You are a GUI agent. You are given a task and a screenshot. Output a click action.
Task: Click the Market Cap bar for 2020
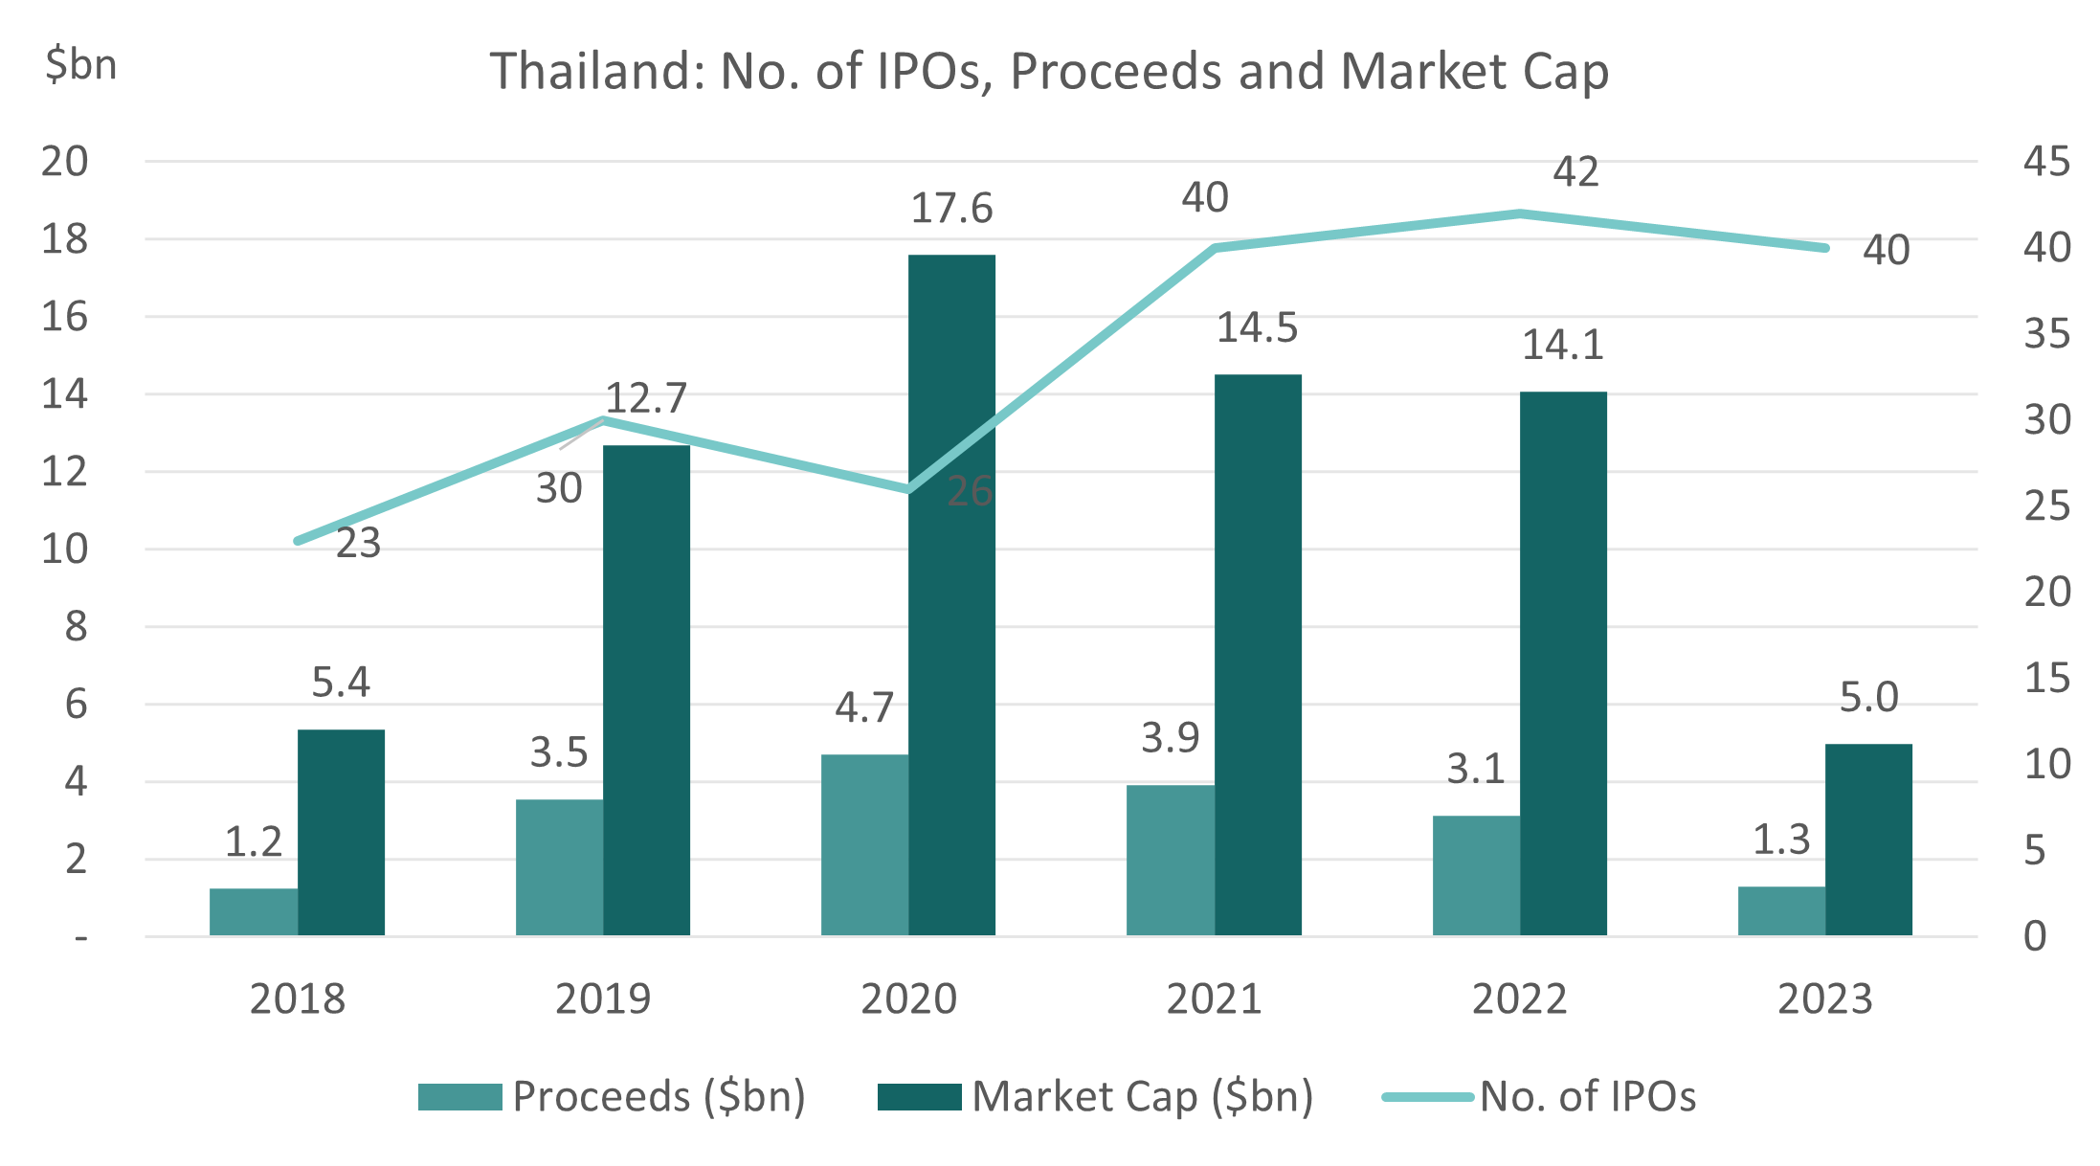951,594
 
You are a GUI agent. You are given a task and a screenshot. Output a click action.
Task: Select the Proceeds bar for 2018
253,911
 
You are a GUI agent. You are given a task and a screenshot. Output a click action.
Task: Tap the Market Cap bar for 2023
1867,839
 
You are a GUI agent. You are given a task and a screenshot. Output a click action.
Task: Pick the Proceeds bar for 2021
1170,860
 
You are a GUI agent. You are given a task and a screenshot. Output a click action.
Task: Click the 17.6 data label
951,209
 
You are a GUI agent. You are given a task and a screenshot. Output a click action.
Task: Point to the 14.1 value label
1562,346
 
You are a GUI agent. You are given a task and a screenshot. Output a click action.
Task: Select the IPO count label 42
1575,172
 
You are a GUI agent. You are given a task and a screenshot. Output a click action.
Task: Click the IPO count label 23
358,544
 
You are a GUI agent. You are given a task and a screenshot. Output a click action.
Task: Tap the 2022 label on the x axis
1519,999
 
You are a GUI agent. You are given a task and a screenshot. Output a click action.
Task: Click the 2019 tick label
603,999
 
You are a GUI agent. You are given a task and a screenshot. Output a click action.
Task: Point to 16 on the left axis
64,317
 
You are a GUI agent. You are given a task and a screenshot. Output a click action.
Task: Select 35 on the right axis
2046,335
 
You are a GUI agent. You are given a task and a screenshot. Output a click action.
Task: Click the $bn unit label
80,65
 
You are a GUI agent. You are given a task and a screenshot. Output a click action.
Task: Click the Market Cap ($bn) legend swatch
919,1097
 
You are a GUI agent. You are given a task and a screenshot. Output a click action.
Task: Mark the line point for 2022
1519,213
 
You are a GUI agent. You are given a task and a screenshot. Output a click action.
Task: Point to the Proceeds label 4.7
863,708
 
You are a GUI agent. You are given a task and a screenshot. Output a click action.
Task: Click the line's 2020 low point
908,490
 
